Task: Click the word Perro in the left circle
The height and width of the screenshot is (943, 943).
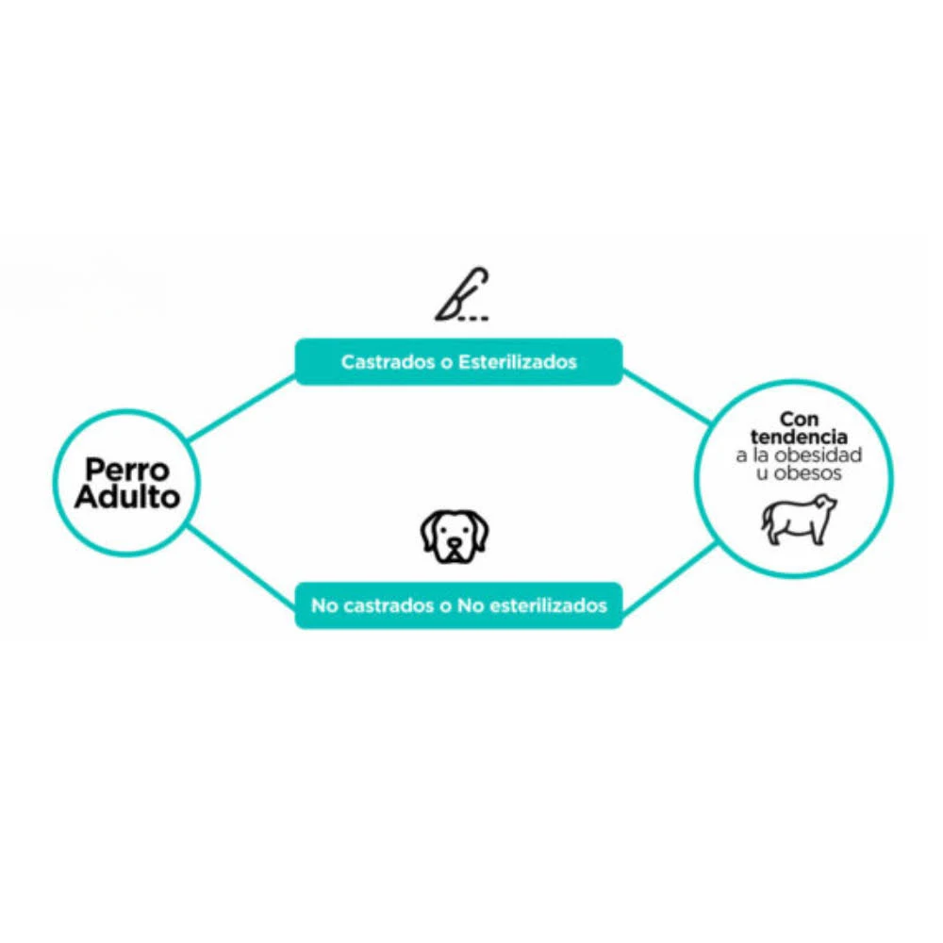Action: click(x=127, y=470)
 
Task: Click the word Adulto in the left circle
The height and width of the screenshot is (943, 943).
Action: click(x=127, y=498)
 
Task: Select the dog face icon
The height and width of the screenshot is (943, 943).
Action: click(x=455, y=537)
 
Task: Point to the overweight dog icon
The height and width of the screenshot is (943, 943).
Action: click(x=799, y=520)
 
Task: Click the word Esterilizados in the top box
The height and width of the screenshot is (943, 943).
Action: click(x=518, y=362)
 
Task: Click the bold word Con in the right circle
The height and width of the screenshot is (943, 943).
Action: click(x=799, y=418)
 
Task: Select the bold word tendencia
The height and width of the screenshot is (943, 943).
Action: click(x=799, y=437)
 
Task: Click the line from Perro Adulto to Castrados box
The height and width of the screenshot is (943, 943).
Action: click(x=241, y=408)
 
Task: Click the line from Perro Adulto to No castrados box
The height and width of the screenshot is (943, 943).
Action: click(x=241, y=564)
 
